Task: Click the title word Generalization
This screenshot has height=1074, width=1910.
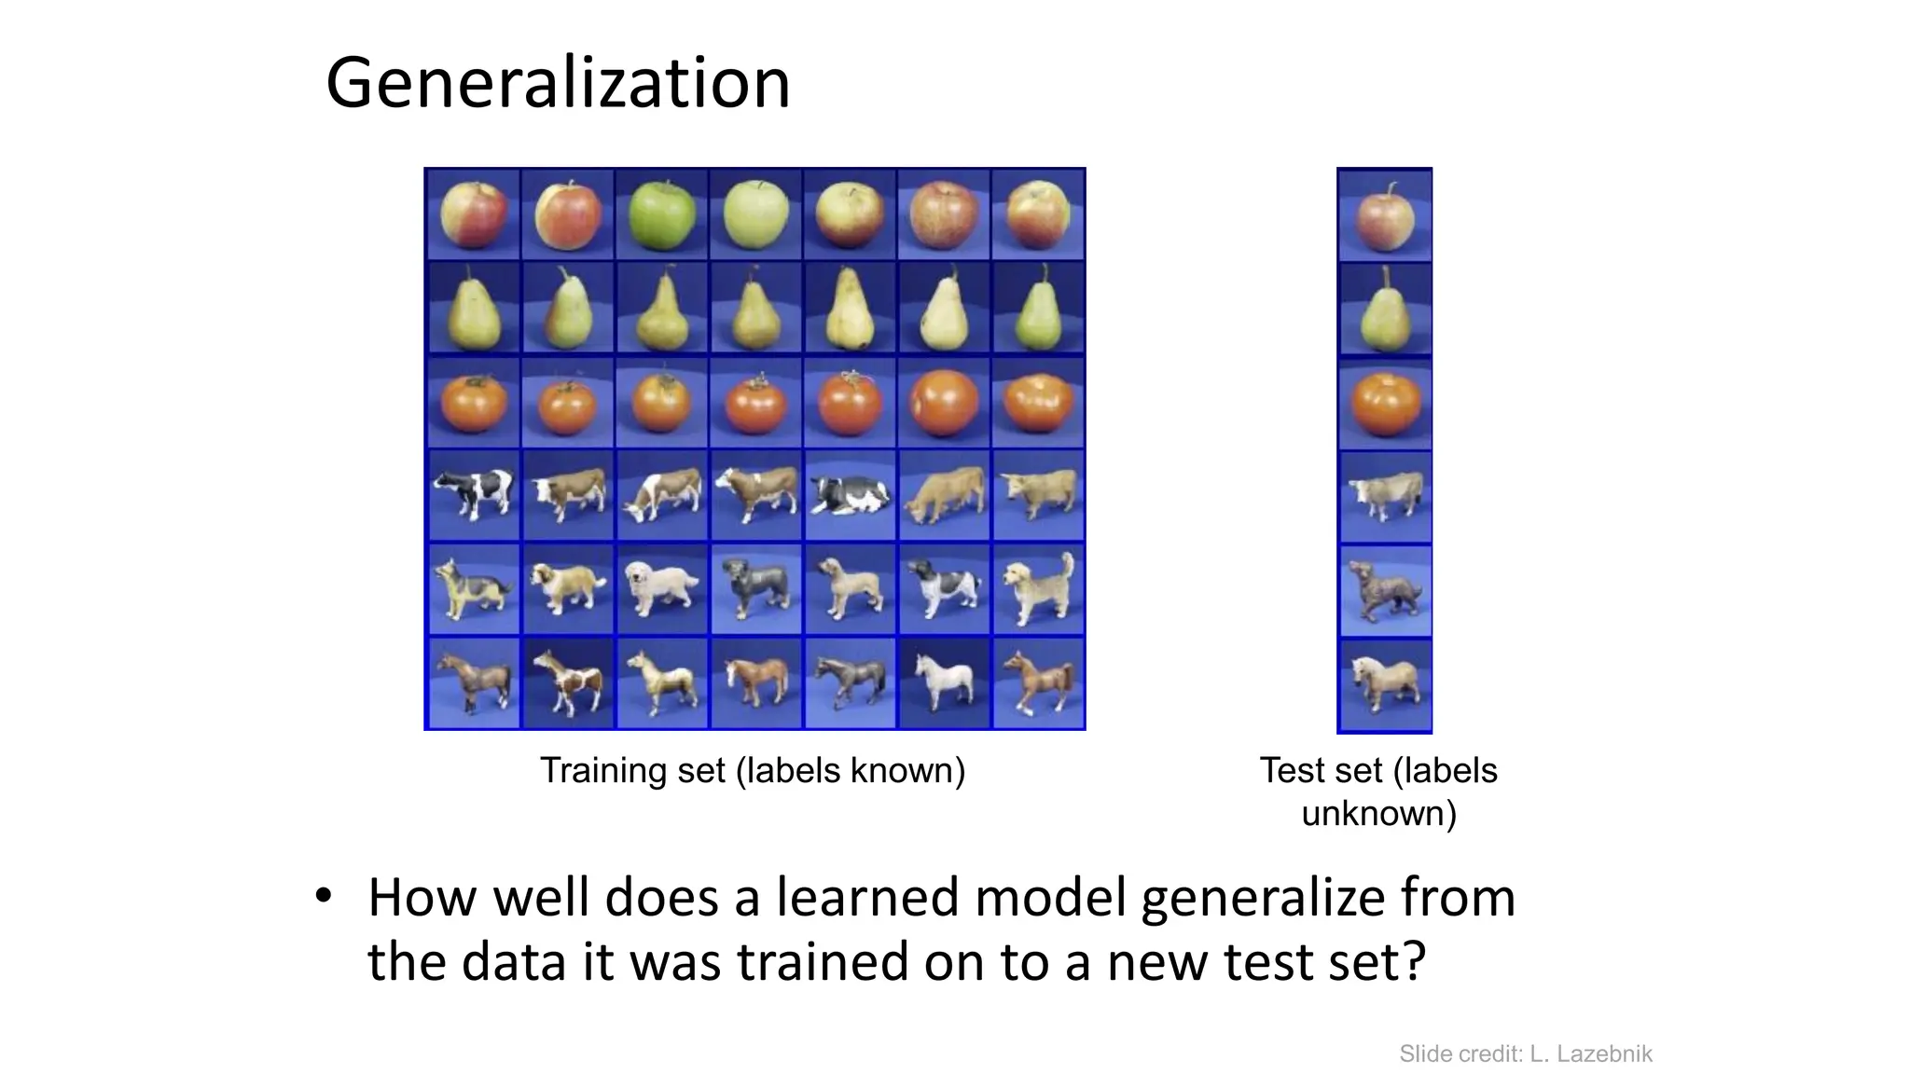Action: coord(558,84)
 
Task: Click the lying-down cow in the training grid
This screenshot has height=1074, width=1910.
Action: coord(849,495)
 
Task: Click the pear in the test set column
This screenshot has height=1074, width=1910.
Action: coord(1384,311)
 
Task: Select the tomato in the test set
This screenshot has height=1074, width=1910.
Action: coord(1384,405)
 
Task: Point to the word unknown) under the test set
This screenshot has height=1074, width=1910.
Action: coord(1378,814)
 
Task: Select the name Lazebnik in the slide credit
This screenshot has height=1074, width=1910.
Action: coord(1604,1054)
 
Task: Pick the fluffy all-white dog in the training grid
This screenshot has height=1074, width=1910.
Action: coord(661,586)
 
